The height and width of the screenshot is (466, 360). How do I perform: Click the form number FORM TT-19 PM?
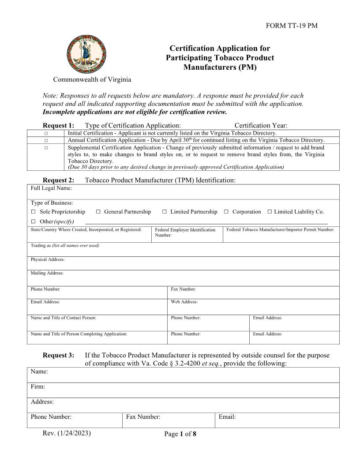pyautogui.click(x=292, y=26)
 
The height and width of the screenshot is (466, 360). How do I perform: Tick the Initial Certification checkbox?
pyautogui.click(x=46, y=133)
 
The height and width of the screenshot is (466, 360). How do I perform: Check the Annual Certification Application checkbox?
pyautogui.click(x=46, y=140)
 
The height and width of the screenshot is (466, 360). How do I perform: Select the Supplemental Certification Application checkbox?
pyautogui.click(x=46, y=148)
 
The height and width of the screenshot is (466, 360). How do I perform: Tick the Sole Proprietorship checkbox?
pyautogui.click(x=34, y=212)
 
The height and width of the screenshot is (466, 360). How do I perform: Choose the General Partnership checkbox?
pyautogui.click(x=98, y=212)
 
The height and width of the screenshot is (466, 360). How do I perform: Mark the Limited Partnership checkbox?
pyautogui.click(x=165, y=212)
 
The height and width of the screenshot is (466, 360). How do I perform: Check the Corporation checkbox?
pyautogui.click(x=226, y=212)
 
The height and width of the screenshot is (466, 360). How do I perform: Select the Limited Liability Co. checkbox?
pyautogui.click(x=270, y=212)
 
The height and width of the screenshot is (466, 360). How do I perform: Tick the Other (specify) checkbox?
pyautogui.click(x=34, y=221)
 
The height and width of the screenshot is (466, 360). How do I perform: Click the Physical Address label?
pyautogui.click(x=48, y=259)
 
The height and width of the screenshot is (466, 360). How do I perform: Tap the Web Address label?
pyautogui.click(x=184, y=302)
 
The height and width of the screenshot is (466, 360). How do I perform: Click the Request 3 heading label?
pyautogui.click(x=58, y=356)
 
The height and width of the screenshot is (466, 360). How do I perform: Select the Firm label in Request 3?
pyautogui.click(x=38, y=387)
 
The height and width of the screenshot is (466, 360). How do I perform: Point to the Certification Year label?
pyautogui.click(x=261, y=126)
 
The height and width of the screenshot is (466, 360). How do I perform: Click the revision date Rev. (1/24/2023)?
pyautogui.click(x=67, y=433)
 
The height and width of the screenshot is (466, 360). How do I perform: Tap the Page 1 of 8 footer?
pyautogui.click(x=180, y=434)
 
